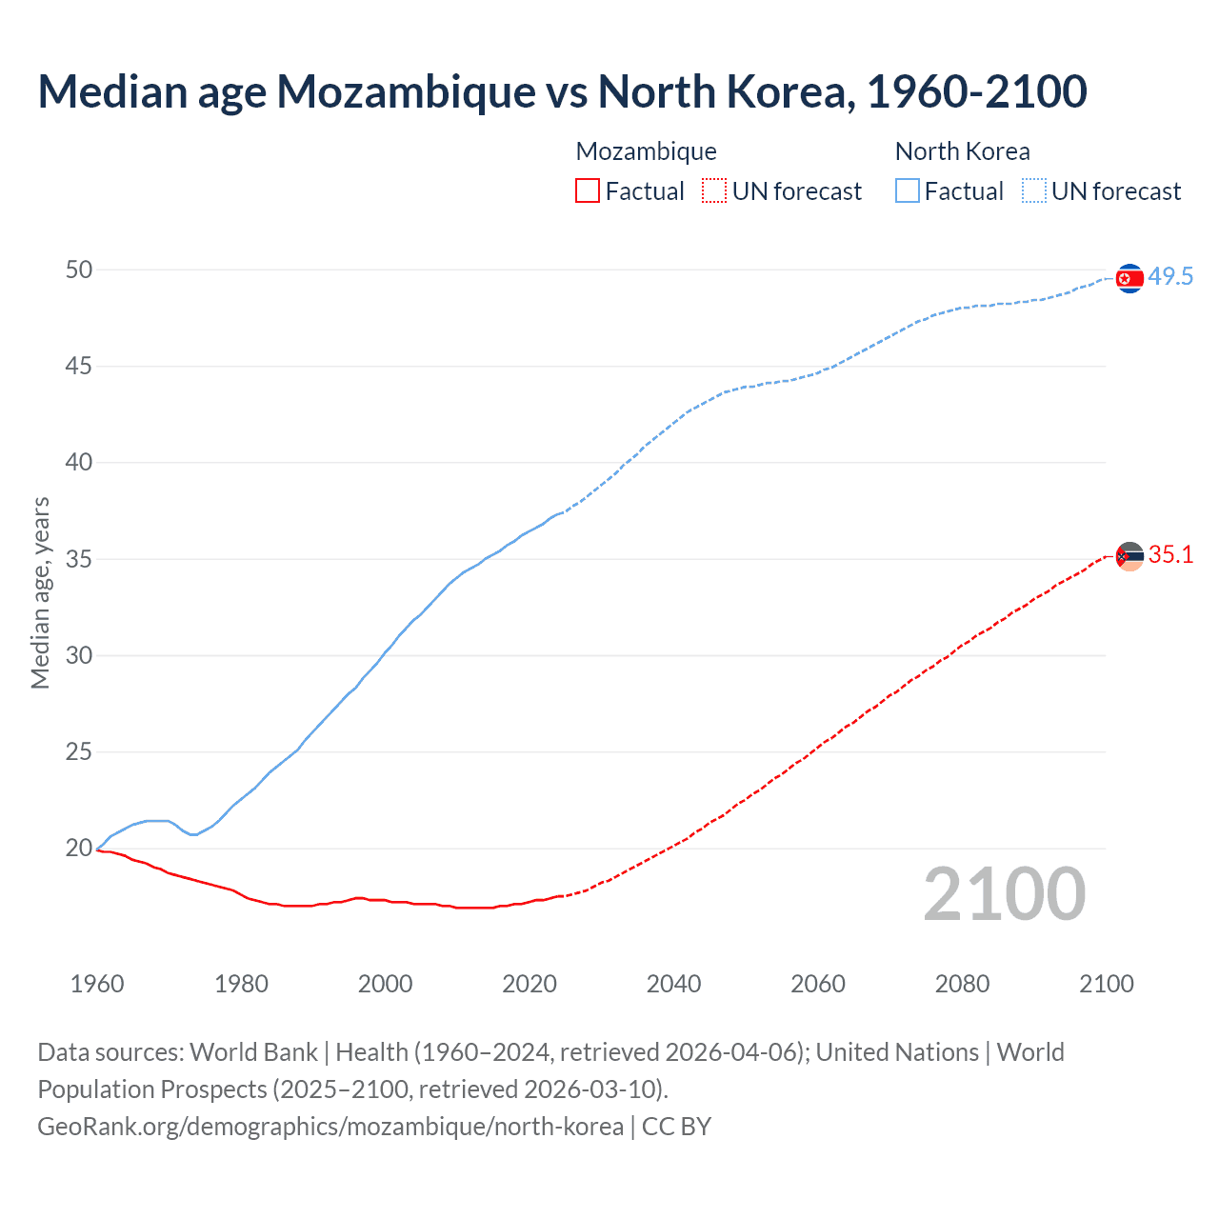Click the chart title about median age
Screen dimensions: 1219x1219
coord(562,91)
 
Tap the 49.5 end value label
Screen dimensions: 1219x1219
coord(1170,277)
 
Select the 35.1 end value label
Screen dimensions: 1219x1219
coord(1170,555)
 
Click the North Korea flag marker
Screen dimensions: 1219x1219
coord(1129,278)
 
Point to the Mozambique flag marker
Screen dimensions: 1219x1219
coord(1129,556)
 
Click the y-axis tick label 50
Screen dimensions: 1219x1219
coord(79,270)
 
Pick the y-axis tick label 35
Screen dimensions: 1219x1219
coord(79,559)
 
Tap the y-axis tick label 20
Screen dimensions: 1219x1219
coord(79,848)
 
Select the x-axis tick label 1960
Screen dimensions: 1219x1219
coord(97,984)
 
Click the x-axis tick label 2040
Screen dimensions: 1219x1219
coord(673,984)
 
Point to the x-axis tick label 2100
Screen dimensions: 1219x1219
coord(1107,984)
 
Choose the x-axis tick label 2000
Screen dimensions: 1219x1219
coord(386,984)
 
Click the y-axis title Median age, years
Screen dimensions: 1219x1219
coord(40,592)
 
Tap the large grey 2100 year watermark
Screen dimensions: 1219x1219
coord(1005,894)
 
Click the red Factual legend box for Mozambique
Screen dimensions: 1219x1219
coord(588,191)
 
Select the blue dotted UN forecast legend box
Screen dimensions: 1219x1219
coord(1034,191)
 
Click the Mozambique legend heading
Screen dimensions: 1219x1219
coord(646,151)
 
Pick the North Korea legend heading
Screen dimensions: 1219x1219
coord(962,151)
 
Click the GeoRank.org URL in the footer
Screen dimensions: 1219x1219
coord(330,1127)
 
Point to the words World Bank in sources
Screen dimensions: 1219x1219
coord(253,1052)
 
